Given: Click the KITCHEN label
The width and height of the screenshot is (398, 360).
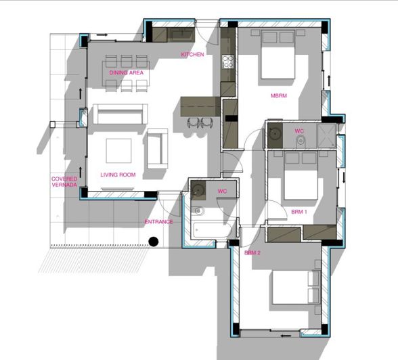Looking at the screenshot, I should point(192,54).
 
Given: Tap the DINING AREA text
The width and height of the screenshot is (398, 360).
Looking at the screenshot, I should point(126,72).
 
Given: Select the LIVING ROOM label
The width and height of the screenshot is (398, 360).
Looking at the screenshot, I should point(118,175).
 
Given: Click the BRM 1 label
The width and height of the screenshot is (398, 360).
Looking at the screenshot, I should point(299,212).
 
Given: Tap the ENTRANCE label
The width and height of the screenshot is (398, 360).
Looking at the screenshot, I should point(158,222).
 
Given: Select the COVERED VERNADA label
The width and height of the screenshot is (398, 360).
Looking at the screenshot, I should point(64,182).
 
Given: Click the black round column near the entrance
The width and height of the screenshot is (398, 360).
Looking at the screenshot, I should point(154,240).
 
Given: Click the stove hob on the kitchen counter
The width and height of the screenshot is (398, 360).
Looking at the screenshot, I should point(227,62).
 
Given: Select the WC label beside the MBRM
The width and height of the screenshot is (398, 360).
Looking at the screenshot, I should point(299,131).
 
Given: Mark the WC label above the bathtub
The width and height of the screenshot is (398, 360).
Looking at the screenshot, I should point(221,192).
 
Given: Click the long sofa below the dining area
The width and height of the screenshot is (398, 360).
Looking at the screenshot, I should point(118,114).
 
